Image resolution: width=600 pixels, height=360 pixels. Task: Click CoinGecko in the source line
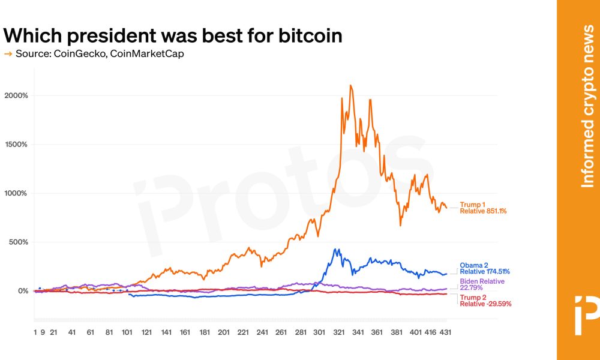(75, 54)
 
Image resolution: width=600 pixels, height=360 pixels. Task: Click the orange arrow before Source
(8, 54)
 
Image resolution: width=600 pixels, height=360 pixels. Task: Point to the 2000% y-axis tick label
(16, 96)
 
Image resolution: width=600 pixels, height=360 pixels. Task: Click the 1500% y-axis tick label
(16, 145)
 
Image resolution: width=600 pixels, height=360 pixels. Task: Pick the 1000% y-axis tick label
(16, 193)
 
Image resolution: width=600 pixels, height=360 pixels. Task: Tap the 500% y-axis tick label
(18, 242)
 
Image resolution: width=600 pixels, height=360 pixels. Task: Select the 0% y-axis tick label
(23, 291)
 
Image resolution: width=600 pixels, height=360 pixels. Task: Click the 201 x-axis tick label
(224, 331)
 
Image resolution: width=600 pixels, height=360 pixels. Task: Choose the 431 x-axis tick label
(444, 331)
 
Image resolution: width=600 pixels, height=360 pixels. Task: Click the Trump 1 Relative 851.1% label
(483, 208)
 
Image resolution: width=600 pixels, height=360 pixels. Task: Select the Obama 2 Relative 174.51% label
(484, 268)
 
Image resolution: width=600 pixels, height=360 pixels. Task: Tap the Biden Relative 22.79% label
(482, 284)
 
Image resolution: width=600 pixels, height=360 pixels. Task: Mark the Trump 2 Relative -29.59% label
(485, 301)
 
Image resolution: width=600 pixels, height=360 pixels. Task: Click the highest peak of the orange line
(350, 86)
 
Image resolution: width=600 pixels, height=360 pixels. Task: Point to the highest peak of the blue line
(336, 250)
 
